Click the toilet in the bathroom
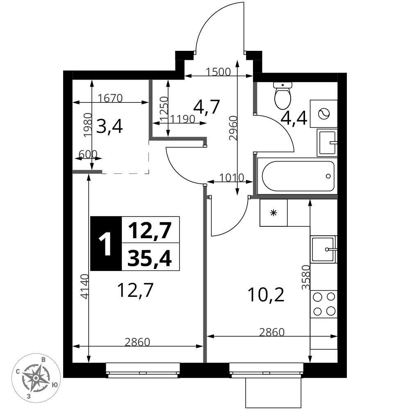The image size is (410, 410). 282,96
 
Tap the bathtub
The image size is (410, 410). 298,176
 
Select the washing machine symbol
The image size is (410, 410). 324,114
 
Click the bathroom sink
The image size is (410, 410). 327,143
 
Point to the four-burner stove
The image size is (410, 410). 324,304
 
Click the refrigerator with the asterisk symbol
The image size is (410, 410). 273,213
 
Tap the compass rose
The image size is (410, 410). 36,378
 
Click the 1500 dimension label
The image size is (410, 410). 218,72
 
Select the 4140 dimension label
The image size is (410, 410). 85,286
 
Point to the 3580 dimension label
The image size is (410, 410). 306,278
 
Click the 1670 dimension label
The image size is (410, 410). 110,98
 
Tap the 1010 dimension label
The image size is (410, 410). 231,178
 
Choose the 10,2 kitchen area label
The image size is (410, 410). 266,295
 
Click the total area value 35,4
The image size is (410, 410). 150,257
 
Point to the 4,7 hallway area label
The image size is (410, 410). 206,107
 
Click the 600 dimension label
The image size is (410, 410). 88,154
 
